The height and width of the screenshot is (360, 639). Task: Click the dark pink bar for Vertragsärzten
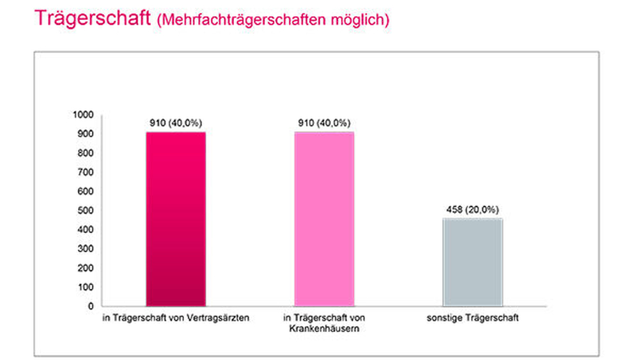pos(176,219)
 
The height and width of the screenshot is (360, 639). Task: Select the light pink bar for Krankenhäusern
pos(325,219)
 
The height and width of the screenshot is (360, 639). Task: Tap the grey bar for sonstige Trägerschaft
pos(473,262)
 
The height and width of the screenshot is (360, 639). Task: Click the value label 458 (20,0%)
pos(473,210)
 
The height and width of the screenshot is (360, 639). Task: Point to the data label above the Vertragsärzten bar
pos(176,123)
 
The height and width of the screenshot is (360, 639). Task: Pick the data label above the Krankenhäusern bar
pos(324,123)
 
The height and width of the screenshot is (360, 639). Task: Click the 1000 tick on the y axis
pos(83,114)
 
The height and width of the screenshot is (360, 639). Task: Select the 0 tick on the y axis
pos(91,306)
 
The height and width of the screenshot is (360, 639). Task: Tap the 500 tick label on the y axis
pos(86,210)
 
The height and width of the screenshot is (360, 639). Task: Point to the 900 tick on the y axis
pos(86,134)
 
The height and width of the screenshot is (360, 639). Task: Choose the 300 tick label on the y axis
pos(86,249)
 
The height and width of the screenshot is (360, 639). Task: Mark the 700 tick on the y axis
pos(86,172)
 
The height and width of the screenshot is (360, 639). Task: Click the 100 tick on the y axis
pos(86,287)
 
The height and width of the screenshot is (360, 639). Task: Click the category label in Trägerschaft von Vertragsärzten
pos(176,318)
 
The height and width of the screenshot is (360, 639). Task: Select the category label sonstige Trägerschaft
pos(473,318)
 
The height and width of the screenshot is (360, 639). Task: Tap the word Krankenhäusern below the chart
pos(325,329)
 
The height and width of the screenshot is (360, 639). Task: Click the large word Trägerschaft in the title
pos(93,19)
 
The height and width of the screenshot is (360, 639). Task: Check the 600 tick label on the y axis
pos(86,191)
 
